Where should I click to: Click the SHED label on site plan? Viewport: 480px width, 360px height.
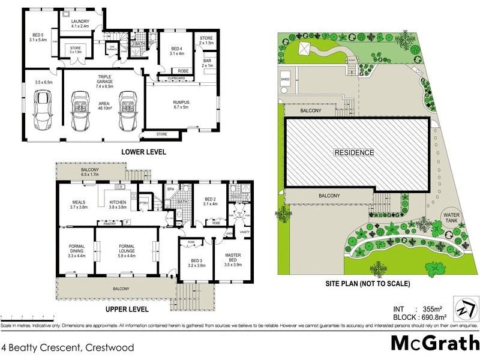pyautogui.click(x=285, y=79)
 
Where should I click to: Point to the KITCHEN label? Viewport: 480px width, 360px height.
pyautogui.click(x=117, y=203)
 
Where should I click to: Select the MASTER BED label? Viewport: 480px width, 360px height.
pyautogui.click(x=232, y=258)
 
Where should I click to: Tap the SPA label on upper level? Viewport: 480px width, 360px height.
pyautogui.click(x=170, y=189)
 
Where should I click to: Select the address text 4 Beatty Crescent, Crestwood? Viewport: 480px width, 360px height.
pyautogui.click(x=67, y=347)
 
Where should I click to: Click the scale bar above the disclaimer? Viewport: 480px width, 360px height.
pyautogui.click(x=27, y=316)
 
